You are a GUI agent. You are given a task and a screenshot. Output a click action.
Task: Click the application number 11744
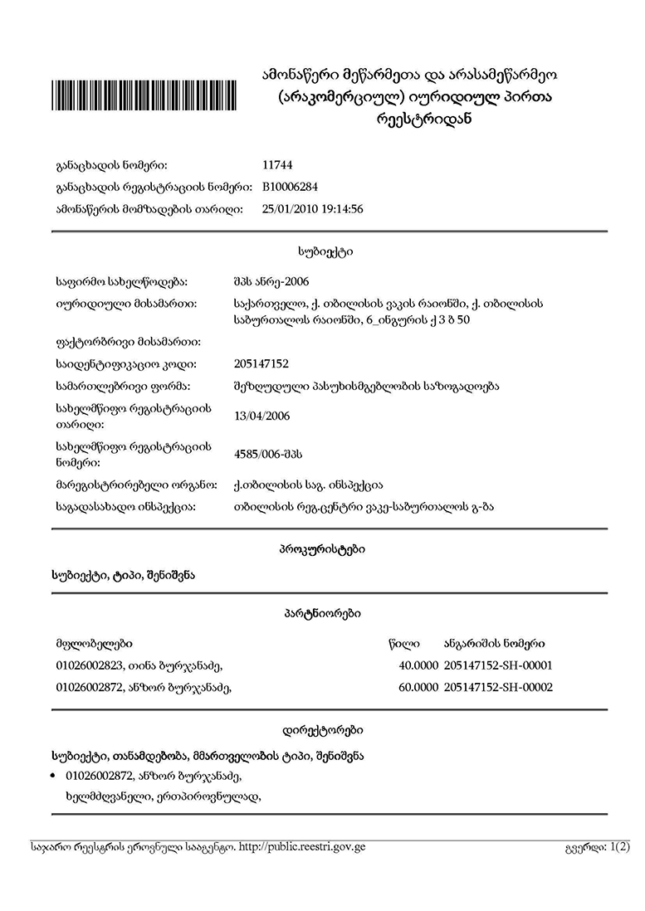[x=276, y=165]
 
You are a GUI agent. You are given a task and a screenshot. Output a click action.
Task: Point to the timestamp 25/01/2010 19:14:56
[x=312, y=209]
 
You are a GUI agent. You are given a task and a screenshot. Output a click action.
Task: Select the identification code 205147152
[x=262, y=363]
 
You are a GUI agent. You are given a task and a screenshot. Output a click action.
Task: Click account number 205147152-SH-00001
[x=498, y=665]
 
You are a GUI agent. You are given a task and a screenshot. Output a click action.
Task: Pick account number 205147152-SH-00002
[x=498, y=687]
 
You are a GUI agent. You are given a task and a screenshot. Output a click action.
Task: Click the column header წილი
[x=403, y=643]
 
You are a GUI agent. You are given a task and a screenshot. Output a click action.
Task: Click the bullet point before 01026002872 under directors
[x=54, y=777]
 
